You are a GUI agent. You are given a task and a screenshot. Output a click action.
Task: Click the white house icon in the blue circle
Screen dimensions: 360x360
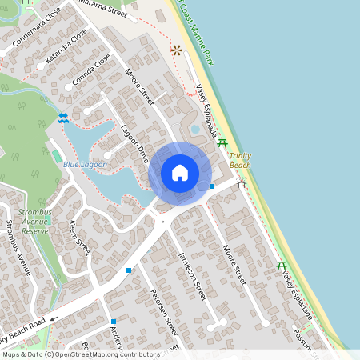(180, 173)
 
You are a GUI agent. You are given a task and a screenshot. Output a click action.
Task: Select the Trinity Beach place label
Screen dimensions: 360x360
(240, 160)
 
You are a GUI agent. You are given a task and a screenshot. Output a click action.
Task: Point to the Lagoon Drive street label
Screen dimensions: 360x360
(135, 144)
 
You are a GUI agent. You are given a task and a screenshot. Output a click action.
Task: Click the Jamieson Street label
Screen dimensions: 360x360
(192, 274)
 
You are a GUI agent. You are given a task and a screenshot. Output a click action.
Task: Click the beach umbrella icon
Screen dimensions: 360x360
(176, 50)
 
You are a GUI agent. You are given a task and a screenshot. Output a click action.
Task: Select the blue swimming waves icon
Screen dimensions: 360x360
(62, 118)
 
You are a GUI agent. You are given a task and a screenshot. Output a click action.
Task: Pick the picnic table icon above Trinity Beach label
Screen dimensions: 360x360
(222, 142)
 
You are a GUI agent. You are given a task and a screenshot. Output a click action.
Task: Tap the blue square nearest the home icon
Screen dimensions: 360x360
(212, 186)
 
